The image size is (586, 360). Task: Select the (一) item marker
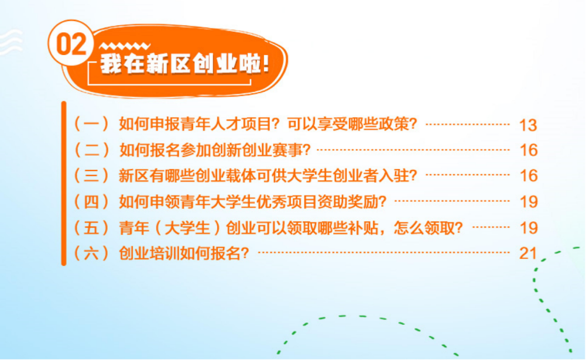[x=91, y=124]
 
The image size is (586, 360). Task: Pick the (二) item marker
[x=91, y=150]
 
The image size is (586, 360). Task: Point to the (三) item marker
[x=91, y=176]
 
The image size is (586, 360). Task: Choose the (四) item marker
[x=91, y=201]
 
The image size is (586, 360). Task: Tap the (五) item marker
[x=91, y=227]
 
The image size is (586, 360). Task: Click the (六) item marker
[x=91, y=253]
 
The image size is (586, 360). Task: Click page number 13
[x=528, y=125]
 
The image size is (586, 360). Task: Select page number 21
[x=528, y=253]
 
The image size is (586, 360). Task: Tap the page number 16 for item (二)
[x=528, y=150]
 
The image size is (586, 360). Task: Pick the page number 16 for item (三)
[x=528, y=176]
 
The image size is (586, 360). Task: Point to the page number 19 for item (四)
[x=528, y=202]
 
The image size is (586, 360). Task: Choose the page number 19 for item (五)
[x=528, y=228]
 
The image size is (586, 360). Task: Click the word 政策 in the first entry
[x=393, y=124]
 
